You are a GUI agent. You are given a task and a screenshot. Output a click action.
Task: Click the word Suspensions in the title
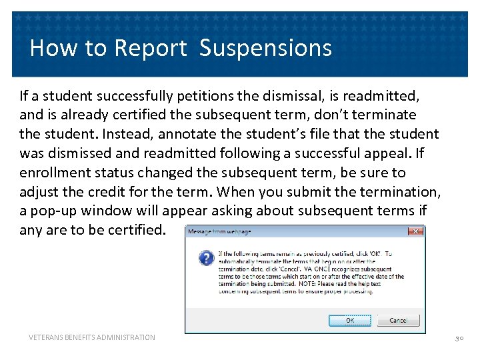click(265, 48)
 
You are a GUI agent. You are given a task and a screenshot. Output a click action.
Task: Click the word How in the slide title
click(51, 48)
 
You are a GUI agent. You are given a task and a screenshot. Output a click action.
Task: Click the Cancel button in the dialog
click(398, 321)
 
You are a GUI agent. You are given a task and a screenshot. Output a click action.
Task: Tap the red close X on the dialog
click(415, 231)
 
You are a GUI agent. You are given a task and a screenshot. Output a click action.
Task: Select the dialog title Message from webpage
click(219, 232)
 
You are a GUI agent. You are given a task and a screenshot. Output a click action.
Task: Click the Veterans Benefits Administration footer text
click(92, 338)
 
